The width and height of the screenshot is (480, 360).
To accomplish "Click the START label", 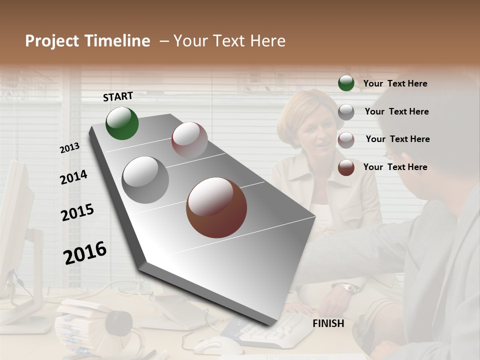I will [118, 96].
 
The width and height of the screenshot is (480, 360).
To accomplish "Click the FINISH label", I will [328, 323].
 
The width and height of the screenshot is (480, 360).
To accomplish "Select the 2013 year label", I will [69, 147].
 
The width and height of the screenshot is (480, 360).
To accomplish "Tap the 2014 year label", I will [73, 177].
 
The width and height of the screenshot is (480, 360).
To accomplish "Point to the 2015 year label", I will [77, 212].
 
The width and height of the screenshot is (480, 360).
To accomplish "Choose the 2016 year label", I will [85, 252].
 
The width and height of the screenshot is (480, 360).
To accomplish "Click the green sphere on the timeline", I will [122, 123].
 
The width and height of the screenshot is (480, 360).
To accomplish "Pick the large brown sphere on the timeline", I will [216, 207].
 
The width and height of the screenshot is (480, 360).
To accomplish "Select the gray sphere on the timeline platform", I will [145, 179].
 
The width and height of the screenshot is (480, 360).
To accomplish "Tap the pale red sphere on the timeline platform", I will [189, 140].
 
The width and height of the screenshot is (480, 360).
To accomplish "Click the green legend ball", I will [346, 83].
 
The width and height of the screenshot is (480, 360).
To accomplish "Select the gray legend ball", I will [346, 112].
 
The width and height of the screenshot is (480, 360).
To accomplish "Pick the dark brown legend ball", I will [346, 167].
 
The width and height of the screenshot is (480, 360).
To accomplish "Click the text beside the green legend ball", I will [395, 83].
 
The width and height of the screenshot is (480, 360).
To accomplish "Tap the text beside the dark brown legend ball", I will [395, 167].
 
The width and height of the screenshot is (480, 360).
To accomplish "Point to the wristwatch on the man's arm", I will [348, 287].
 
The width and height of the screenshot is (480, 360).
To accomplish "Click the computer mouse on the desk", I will [212, 345].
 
